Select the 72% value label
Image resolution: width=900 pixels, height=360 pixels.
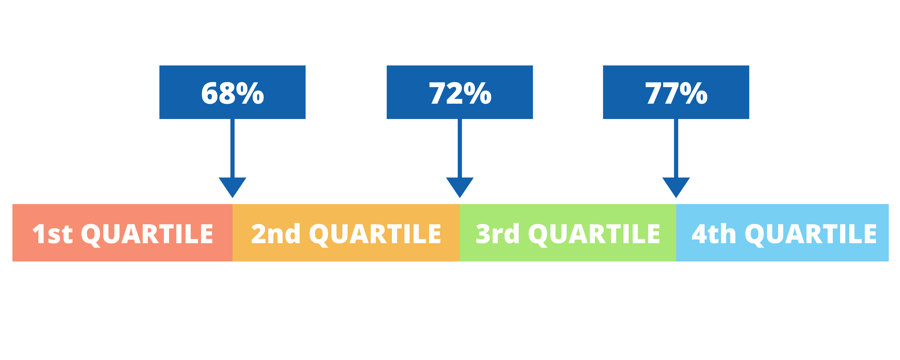460,93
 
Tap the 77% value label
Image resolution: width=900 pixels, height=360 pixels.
676,93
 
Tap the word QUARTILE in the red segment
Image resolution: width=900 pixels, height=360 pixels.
147,235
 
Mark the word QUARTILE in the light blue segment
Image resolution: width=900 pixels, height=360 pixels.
811,235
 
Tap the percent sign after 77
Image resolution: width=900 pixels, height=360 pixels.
694,93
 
